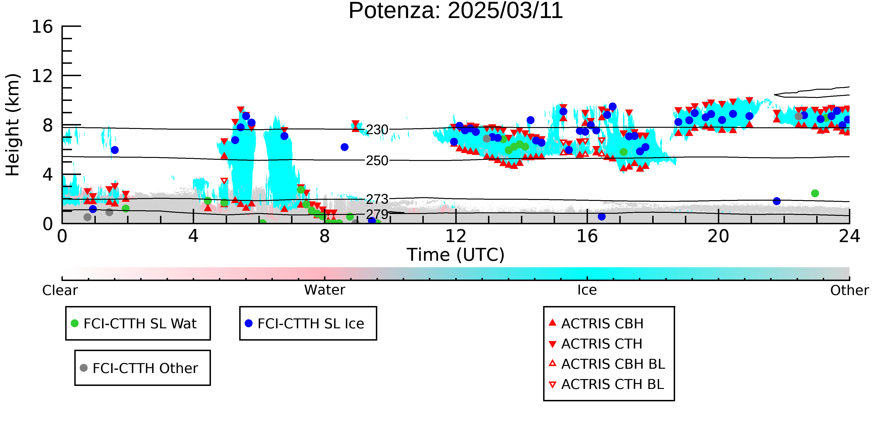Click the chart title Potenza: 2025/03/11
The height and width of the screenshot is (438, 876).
[456, 11]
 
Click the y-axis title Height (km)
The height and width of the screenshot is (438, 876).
[13, 125]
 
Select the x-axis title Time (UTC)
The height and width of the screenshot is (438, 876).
[456, 255]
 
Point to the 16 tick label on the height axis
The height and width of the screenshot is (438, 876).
[42, 27]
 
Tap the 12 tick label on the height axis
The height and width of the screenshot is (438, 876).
[42, 76]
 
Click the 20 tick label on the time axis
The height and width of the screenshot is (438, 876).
[718, 236]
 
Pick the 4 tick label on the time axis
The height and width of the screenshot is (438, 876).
[193, 236]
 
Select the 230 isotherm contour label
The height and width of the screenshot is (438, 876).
[377, 130]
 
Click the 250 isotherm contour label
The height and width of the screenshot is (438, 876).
[377, 160]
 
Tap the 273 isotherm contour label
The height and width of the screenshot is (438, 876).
[377, 199]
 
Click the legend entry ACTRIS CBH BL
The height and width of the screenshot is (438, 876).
[607, 364]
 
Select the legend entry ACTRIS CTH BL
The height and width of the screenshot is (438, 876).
[606, 384]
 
